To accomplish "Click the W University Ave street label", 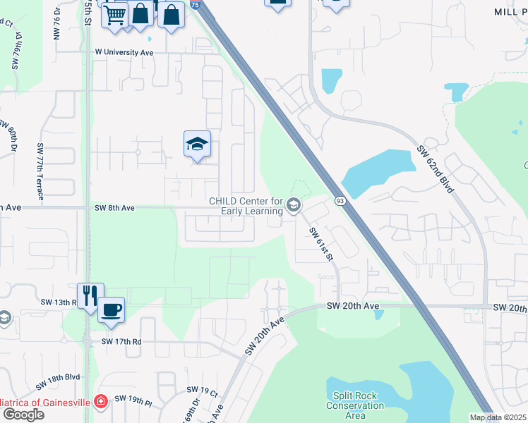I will point(124,52).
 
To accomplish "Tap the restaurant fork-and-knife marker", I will point(90,294).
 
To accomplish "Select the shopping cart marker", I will point(114,14).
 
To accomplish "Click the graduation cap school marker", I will point(197,144).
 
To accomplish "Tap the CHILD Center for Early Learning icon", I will point(294,206).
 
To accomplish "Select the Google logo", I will point(23,415).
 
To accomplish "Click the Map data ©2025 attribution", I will point(498,417).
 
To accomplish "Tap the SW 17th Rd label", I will point(121,341).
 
